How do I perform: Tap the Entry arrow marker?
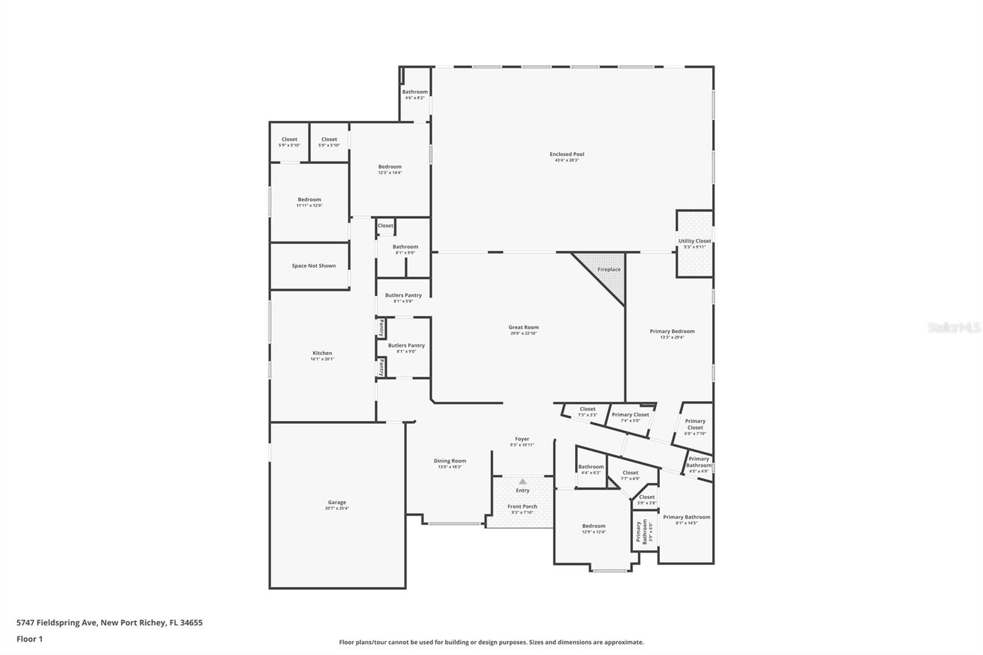[523, 482]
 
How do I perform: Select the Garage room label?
[337, 503]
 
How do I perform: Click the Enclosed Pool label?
[566, 154]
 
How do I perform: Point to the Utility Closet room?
[695, 243]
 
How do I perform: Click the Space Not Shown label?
[313, 266]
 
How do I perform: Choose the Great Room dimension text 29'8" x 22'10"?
[523, 334]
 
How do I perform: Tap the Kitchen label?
[322, 353]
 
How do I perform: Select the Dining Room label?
[450, 461]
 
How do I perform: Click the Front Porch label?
[522, 507]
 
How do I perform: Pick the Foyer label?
[522, 439]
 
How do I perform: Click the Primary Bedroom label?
[672, 332]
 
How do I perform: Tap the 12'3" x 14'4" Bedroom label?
[390, 167]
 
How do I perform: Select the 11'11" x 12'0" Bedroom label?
[309, 200]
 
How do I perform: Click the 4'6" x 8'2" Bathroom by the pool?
[415, 92]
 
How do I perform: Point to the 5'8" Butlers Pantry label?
[403, 296]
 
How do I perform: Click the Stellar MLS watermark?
[954, 328]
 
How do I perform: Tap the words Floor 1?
[29, 639]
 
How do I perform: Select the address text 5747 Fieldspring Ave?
[57, 622]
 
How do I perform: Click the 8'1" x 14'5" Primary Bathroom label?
[686, 517]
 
